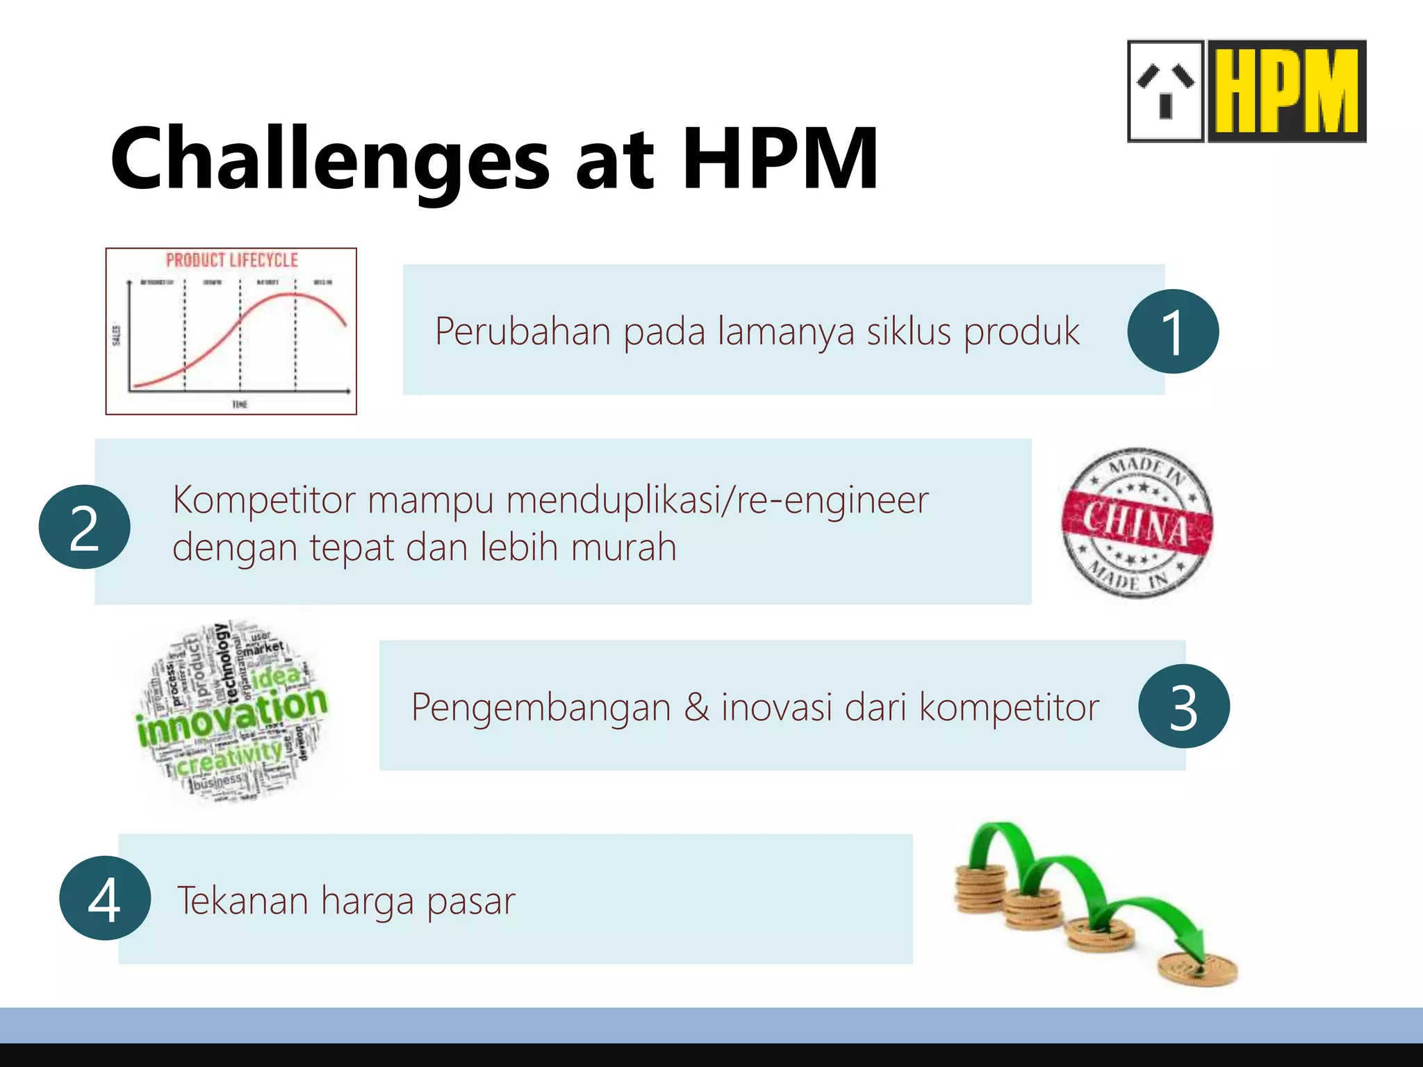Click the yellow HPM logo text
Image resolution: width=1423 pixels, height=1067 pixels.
click(x=1288, y=92)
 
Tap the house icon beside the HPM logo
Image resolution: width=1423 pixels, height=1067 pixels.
click(x=1165, y=91)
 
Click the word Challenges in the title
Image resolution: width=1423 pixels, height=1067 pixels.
click(x=330, y=160)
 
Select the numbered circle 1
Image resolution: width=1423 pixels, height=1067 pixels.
click(x=1173, y=331)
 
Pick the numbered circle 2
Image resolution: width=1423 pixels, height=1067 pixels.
click(x=84, y=527)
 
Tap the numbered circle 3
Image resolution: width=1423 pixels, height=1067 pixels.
click(x=1183, y=706)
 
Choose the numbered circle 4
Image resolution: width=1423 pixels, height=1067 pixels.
click(x=105, y=898)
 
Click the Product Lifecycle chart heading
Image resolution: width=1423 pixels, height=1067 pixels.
click(x=231, y=260)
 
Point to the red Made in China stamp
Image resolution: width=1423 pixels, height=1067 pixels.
click(x=1137, y=523)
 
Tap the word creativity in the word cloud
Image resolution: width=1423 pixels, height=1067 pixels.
click(x=229, y=758)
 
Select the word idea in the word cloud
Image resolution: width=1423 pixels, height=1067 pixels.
click(x=276, y=676)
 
